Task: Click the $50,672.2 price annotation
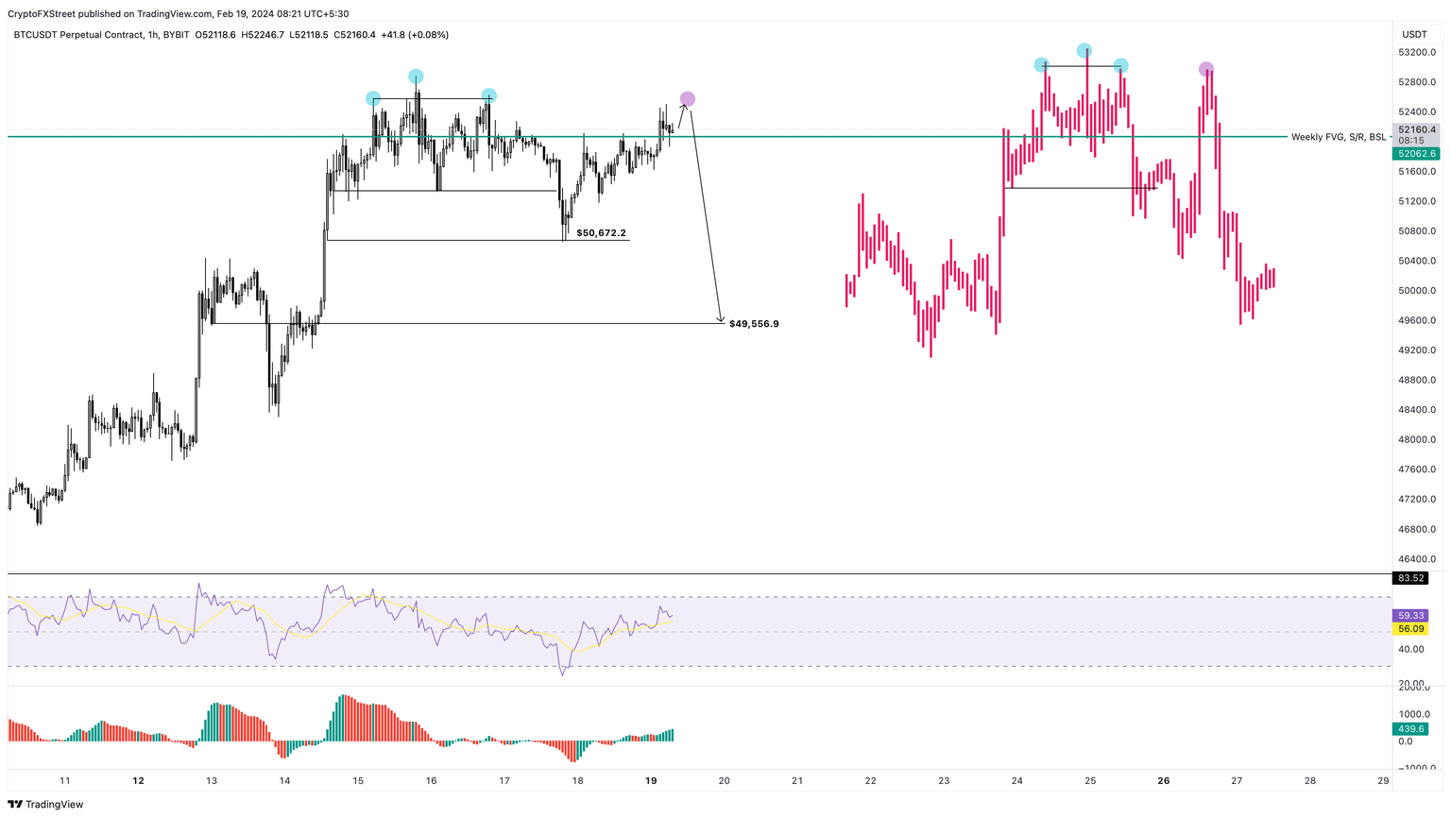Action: coord(601,232)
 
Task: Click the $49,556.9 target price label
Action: coord(754,324)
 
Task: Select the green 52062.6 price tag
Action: coord(1417,153)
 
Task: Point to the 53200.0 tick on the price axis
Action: coord(1417,52)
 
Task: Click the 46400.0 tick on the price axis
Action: coord(1417,559)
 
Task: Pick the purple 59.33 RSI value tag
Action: coord(1411,615)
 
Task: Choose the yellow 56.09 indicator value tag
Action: coord(1411,628)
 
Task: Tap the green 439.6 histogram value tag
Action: coord(1411,729)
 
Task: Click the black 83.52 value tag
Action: coord(1411,578)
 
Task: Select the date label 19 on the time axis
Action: coord(651,781)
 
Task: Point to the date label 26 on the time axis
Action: coord(1164,781)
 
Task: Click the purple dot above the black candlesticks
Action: coord(688,99)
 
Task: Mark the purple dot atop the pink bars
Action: coord(1206,69)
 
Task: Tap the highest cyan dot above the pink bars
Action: coord(1084,50)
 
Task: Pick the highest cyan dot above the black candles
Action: coord(416,77)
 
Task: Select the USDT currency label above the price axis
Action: coord(1414,35)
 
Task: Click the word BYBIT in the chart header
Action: coord(176,35)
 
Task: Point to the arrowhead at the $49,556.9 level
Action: coord(721,321)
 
